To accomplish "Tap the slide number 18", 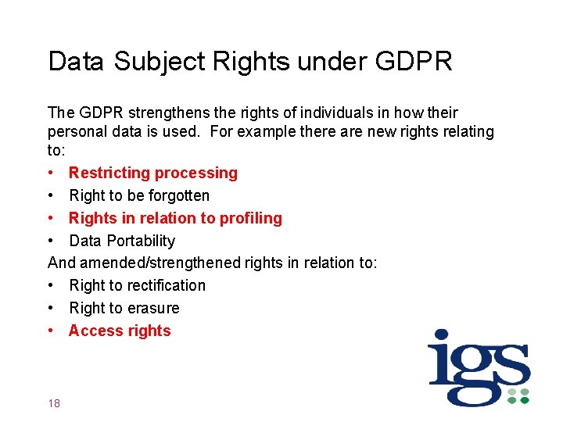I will click(54, 403).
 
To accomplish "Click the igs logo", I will click(479, 367).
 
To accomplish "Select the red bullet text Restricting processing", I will click(153, 173).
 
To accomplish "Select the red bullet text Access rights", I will click(120, 331).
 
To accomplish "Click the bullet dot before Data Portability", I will click(52, 241).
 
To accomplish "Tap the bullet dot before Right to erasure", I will click(52, 308).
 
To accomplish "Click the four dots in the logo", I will click(518, 395).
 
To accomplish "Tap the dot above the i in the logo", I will click(442, 339).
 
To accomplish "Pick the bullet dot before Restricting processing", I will click(52, 173).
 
